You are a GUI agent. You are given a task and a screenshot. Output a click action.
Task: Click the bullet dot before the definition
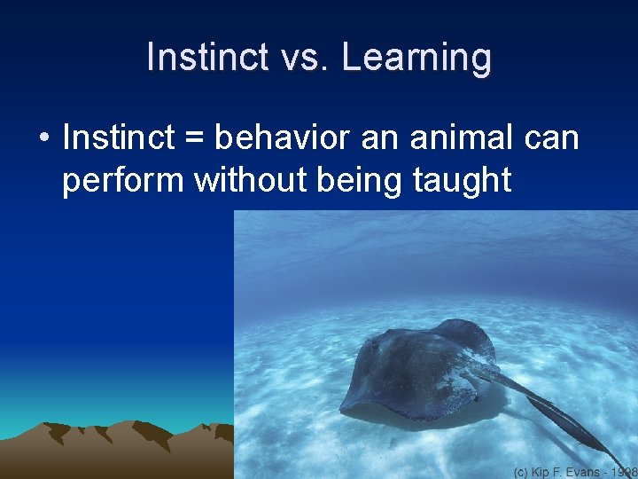tap(43, 139)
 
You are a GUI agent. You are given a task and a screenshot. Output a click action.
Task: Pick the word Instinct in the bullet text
tap(119, 138)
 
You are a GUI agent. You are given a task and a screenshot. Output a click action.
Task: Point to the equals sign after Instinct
tap(195, 140)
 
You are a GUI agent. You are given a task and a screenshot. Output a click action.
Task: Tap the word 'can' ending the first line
tap(553, 140)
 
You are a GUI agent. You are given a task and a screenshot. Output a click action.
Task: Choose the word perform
tap(124, 180)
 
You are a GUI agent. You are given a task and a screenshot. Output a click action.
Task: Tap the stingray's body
tap(416, 368)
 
